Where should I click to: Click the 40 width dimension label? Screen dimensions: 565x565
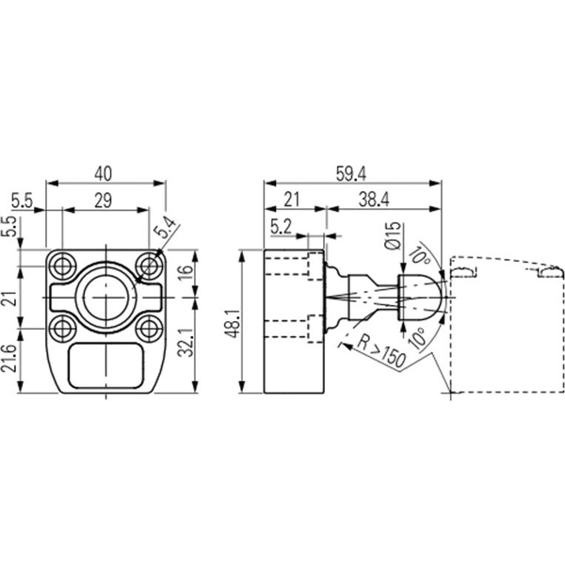pyautogui.click(x=104, y=173)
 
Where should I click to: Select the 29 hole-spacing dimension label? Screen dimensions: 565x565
pyautogui.click(x=104, y=201)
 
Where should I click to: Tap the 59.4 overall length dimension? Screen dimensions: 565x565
pyautogui.click(x=350, y=174)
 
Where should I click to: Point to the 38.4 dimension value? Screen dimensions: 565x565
pyautogui.click(x=374, y=200)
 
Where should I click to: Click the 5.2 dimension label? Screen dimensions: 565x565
pyautogui.click(x=281, y=227)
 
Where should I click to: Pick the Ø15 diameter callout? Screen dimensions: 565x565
pyautogui.click(x=393, y=235)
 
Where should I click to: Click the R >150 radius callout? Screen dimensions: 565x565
pyautogui.click(x=381, y=351)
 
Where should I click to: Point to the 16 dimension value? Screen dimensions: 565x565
pyautogui.click(x=186, y=273)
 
